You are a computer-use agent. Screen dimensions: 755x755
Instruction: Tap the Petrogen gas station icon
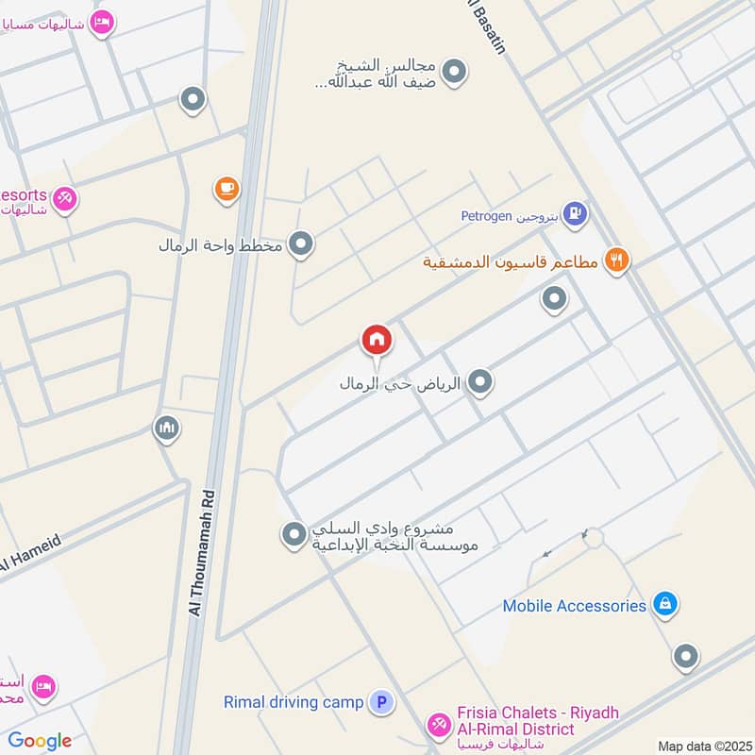pos(575,215)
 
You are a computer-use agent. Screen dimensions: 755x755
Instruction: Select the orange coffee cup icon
pos(226,190)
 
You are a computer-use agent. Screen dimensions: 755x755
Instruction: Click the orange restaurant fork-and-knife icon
pos(617,260)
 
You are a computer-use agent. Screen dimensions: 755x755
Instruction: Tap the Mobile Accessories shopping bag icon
pos(665,605)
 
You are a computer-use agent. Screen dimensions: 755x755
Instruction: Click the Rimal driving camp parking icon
pos(381,702)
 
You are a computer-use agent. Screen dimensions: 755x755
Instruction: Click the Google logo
pos(40,741)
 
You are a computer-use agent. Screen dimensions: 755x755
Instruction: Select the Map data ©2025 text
pos(704,746)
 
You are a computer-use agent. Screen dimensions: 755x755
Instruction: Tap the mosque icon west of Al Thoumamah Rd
pos(167,429)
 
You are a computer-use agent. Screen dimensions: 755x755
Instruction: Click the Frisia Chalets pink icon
pos(438,725)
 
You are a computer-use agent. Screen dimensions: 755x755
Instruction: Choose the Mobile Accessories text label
pos(574,606)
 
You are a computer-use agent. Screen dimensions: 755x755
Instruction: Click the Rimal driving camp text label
pos(294,702)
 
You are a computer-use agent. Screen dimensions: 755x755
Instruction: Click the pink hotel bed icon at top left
pos(102,22)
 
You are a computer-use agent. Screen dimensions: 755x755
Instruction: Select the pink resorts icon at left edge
pos(64,198)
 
